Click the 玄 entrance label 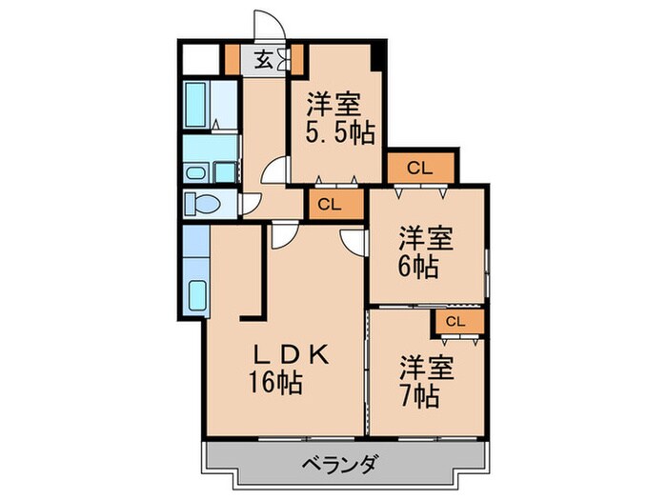pyautogui.click(x=262, y=60)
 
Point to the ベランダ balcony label pyautogui.click(x=340, y=466)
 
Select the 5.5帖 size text pyautogui.click(x=339, y=133)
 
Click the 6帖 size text pyautogui.click(x=417, y=267)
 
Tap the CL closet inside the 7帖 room pyautogui.click(x=455, y=322)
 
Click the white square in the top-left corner pyautogui.click(x=199, y=58)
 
